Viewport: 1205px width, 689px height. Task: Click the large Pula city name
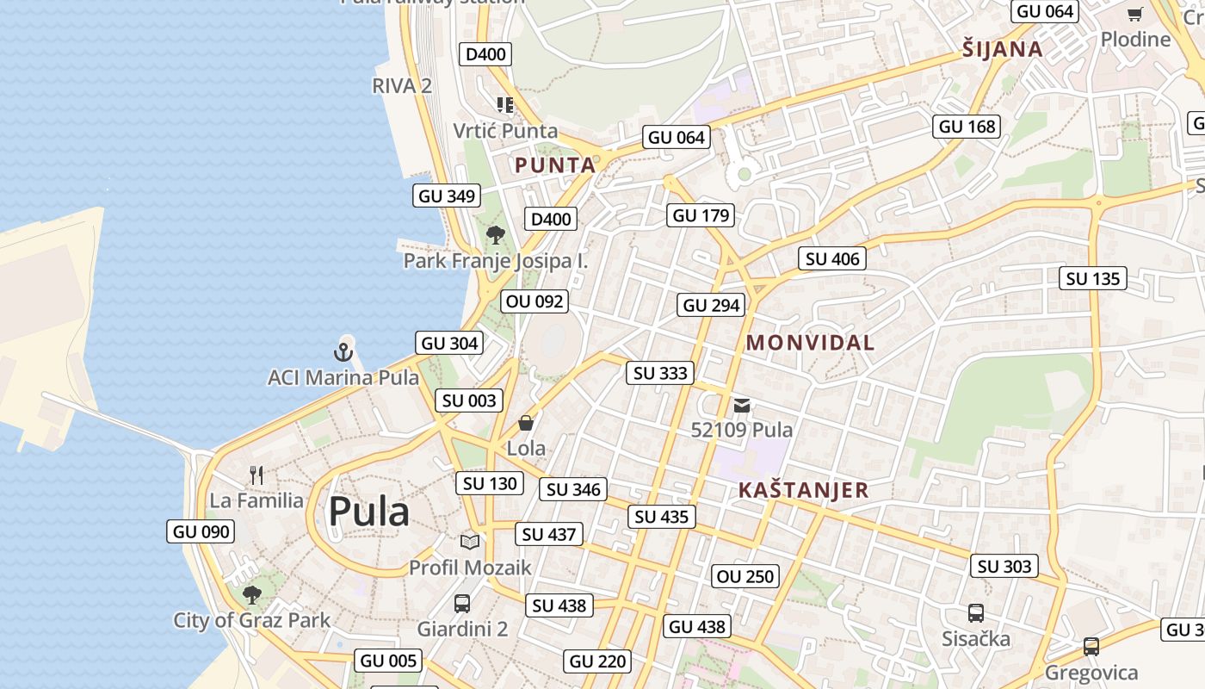pos(368,512)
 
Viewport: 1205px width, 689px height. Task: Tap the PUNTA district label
pos(555,165)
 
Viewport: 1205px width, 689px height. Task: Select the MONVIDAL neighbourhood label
pos(810,343)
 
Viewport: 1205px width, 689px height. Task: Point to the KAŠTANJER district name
pos(803,490)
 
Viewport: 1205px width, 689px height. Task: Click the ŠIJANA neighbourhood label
pos(1003,49)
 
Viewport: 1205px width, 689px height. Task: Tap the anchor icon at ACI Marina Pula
pos(343,351)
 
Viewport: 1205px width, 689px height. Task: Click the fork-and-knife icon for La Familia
pos(256,475)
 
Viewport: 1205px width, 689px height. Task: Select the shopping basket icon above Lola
pos(526,423)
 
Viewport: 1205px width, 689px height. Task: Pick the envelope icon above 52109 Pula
pos(742,405)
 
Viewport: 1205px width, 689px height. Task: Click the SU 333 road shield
pos(661,373)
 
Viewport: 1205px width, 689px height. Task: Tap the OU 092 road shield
pos(535,301)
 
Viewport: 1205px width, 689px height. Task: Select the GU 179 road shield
pos(701,215)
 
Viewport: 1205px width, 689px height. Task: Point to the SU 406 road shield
pos(832,258)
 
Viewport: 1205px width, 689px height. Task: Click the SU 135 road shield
pos(1093,278)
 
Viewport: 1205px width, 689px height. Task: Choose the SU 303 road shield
pos(1004,566)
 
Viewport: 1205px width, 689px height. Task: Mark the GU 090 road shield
pos(201,531)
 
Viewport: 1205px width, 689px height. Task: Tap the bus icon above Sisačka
pos(975,613)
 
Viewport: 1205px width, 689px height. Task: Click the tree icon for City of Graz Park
pos(251,594)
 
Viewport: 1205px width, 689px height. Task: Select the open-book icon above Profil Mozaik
pos(469,542)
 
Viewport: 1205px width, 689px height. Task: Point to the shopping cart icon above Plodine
pos(1135,14)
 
